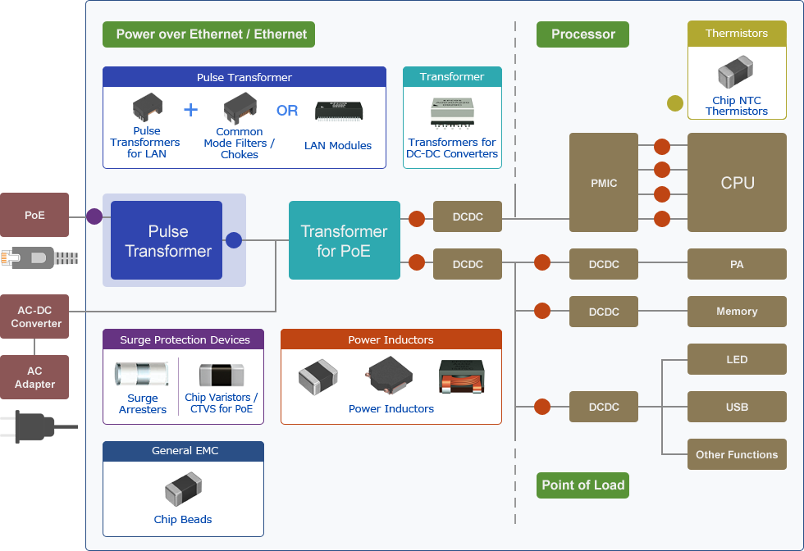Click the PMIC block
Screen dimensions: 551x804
tap(603, 183)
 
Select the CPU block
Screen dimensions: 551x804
tap(737, 183)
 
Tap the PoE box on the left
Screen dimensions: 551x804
tap(34, 216)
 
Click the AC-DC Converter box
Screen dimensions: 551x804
tap(34, 316)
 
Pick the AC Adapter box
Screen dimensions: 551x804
tap(34, 377)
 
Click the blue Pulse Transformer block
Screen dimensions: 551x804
tap(167, 240)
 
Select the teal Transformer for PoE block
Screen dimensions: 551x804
tap(344, 240)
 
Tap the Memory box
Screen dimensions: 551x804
tap(737, 312)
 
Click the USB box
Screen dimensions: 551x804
tap(737, 407)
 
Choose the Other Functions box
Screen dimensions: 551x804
tap(737, 454)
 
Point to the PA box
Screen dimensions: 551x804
tap(737, 264)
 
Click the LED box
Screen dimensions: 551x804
tap(737, 359)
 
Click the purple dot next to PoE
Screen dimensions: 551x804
tap(94, 216)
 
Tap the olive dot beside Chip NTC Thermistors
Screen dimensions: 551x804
tap(674, 103)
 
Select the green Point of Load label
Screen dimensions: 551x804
tap(583, 485)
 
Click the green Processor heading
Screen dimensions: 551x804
tap(582, 34)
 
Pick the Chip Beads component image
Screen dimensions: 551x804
tap(183, 491)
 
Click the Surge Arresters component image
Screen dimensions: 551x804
tap(141, 374)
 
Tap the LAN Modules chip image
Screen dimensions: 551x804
tap(338, 112)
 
